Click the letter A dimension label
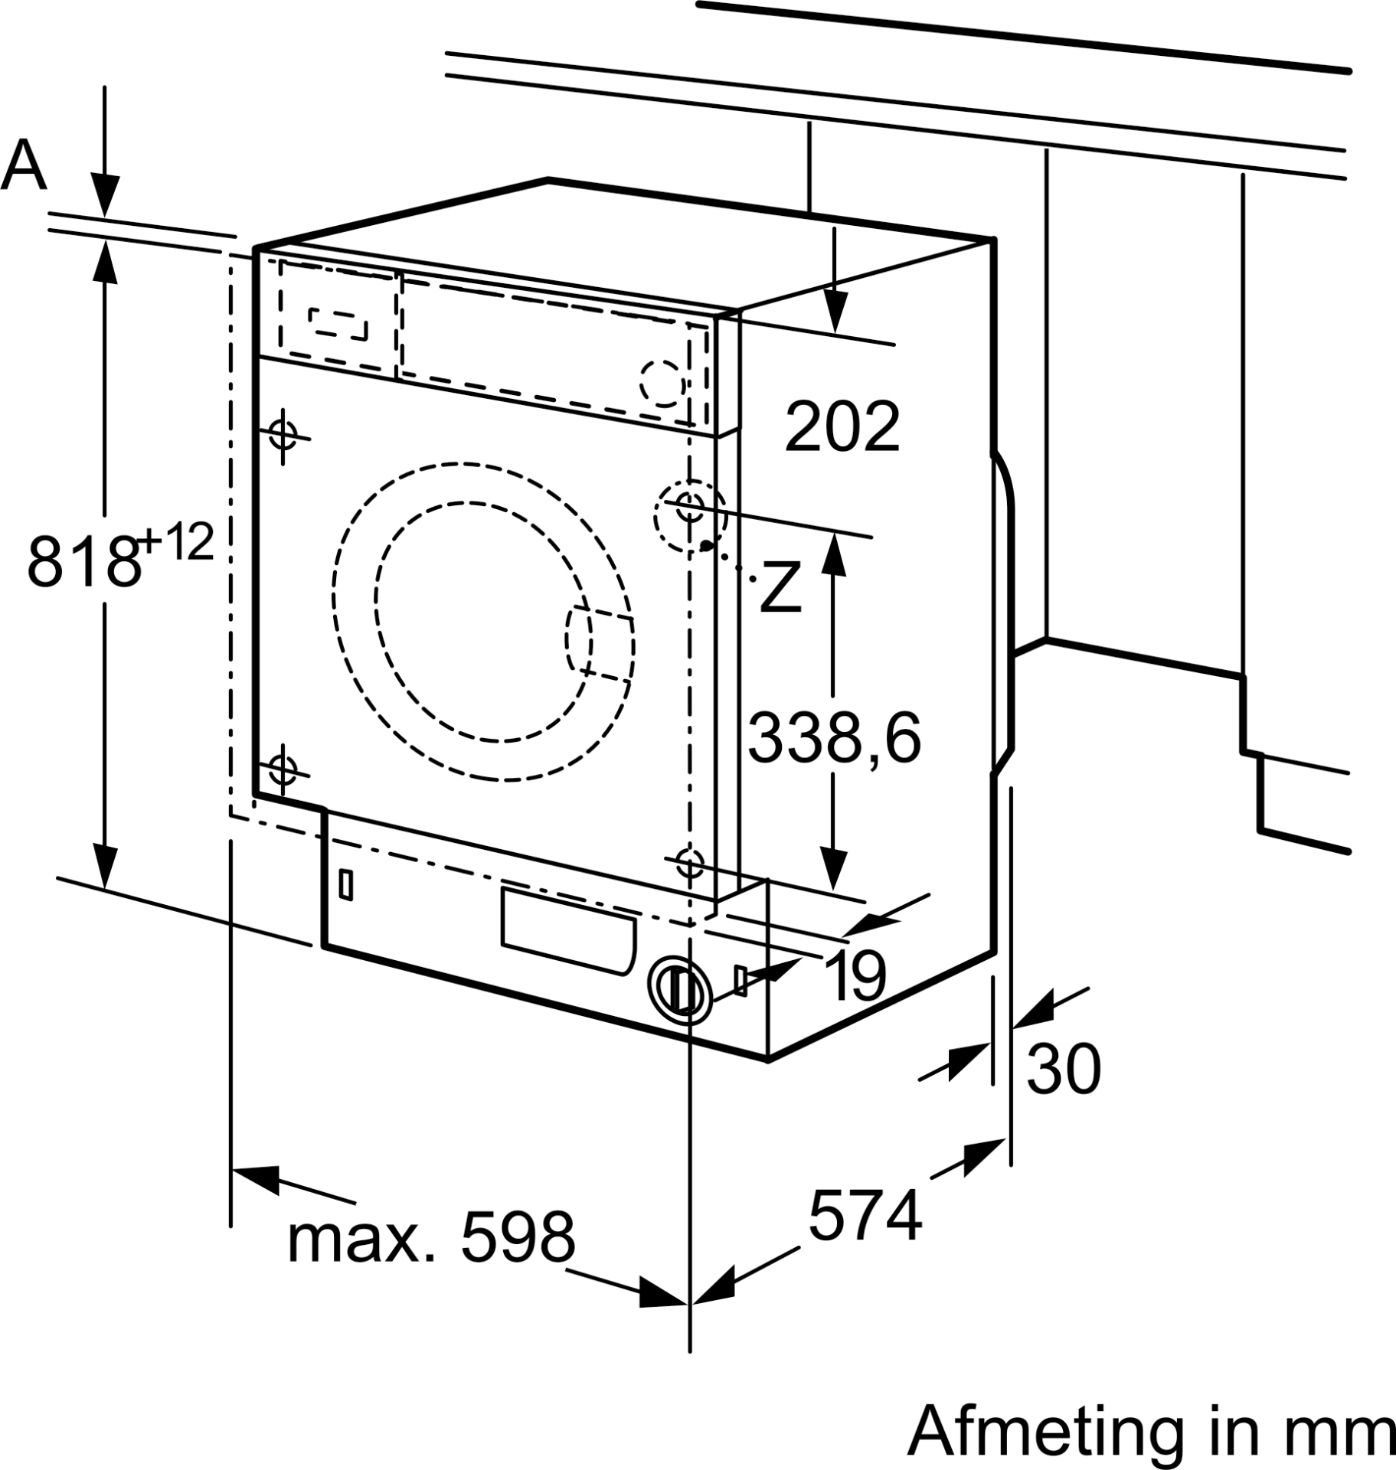(x=25, y=165)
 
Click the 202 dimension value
(x=842, y=426)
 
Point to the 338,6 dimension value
(x=834, y=737)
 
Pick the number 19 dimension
(x=857, y=975)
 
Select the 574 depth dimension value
(x=865, y=1215)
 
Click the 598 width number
(x=517, y=1238)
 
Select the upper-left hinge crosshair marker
(x=283, y=436)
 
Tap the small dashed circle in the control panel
(x=662, y=384)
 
